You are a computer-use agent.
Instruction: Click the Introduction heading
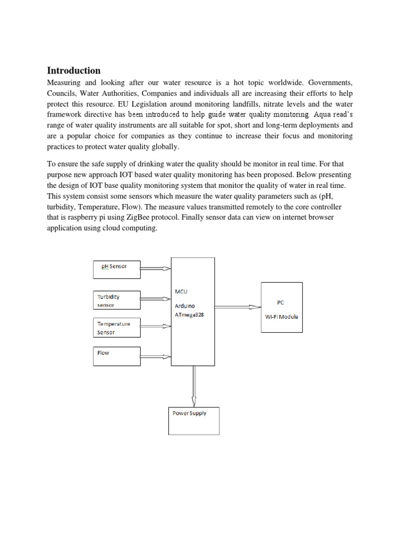pos(73,70)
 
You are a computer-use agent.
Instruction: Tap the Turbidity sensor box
pos(117,300)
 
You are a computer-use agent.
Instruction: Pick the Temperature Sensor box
pos(117,327)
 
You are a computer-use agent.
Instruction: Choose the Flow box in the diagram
pos(117,356)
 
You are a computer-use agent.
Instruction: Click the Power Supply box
pos(194,420)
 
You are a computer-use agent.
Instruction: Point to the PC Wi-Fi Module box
pos(281,309)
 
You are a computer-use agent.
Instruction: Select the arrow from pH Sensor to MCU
pos(156,269)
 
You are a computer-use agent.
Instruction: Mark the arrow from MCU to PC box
pos(237,307)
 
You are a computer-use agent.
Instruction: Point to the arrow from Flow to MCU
pos(156,356)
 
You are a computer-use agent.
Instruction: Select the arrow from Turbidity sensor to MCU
pos(156,299)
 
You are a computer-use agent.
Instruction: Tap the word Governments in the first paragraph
pos(330,83)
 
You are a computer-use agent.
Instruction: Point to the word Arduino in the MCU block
pos(185,306)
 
